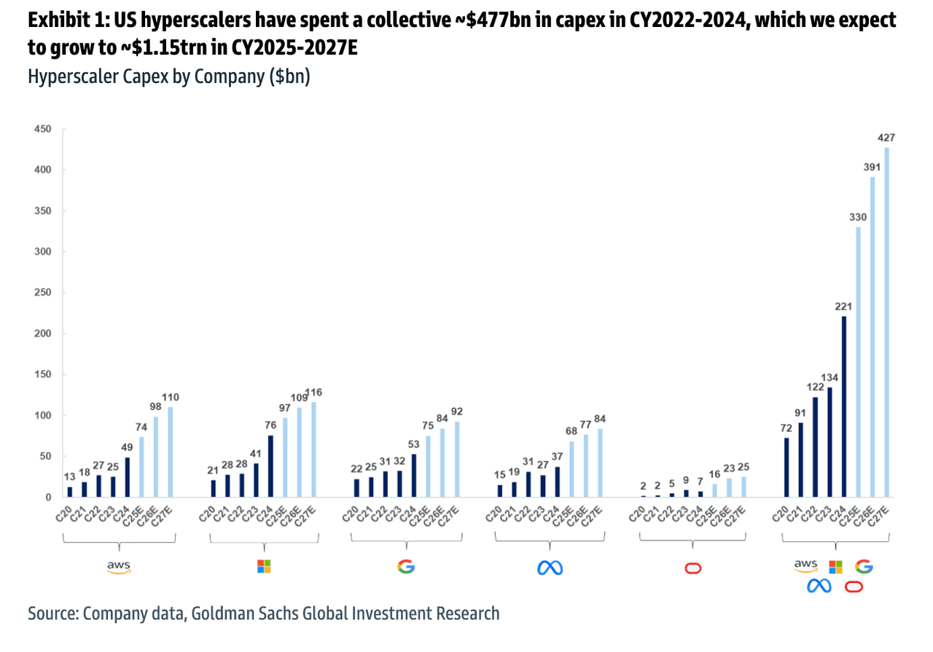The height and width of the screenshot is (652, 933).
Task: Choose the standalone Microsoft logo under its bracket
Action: click(x=264, y=566)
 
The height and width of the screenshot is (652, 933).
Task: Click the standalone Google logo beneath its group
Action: click(x=405, y=566)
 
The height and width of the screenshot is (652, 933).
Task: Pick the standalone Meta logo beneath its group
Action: click(x=550, y=567)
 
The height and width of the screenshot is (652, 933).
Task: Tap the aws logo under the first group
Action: click(x=118, y=566)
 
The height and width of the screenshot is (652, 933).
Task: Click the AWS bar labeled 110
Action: click(x=171, y=452)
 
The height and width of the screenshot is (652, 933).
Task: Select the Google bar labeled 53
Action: click(x=414, y=475)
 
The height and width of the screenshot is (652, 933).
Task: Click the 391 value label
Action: click(x=873, y=167)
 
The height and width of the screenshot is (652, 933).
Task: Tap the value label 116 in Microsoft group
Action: click(x=314, y=392)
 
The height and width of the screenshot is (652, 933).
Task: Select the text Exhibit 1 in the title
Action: click(x=63, y=22)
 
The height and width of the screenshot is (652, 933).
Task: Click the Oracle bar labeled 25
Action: click(x=744, y=487)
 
